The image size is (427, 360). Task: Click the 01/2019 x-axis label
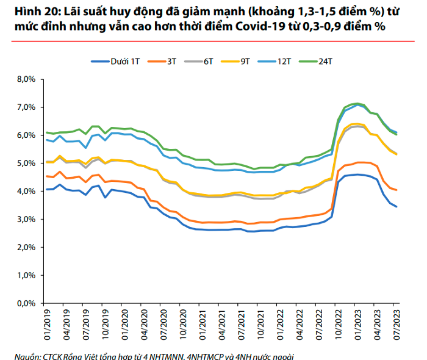click(x=48, y=324)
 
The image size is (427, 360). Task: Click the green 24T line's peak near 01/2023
click(x=356, y=104)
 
